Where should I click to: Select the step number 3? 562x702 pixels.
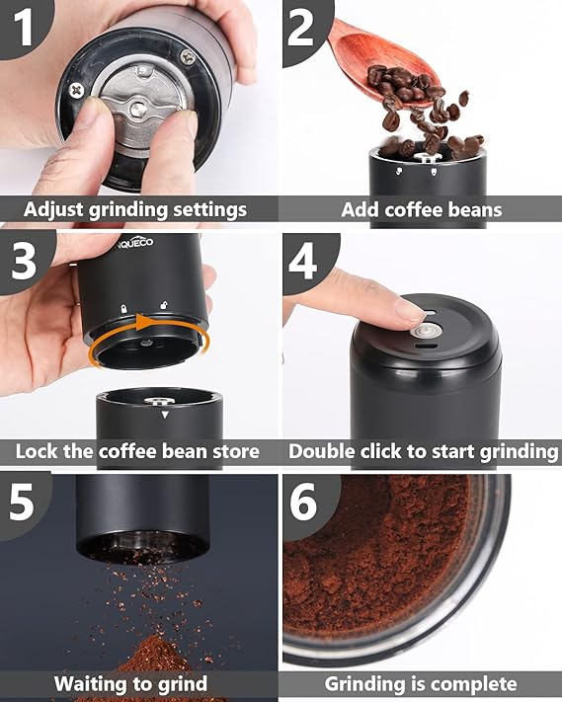pos(24,261)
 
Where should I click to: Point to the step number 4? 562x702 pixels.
pos(302,261)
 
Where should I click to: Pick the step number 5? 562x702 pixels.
pos(21,502)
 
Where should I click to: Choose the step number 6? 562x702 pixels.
pos(303,502)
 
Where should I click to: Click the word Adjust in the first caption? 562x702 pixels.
pos(53,209)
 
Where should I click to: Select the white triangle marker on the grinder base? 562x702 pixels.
pos(165,415)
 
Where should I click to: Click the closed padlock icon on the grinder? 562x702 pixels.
pos(124,308)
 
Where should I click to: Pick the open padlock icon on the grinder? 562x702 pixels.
pos(164,305)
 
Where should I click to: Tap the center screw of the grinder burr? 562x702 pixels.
pos(138,110)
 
